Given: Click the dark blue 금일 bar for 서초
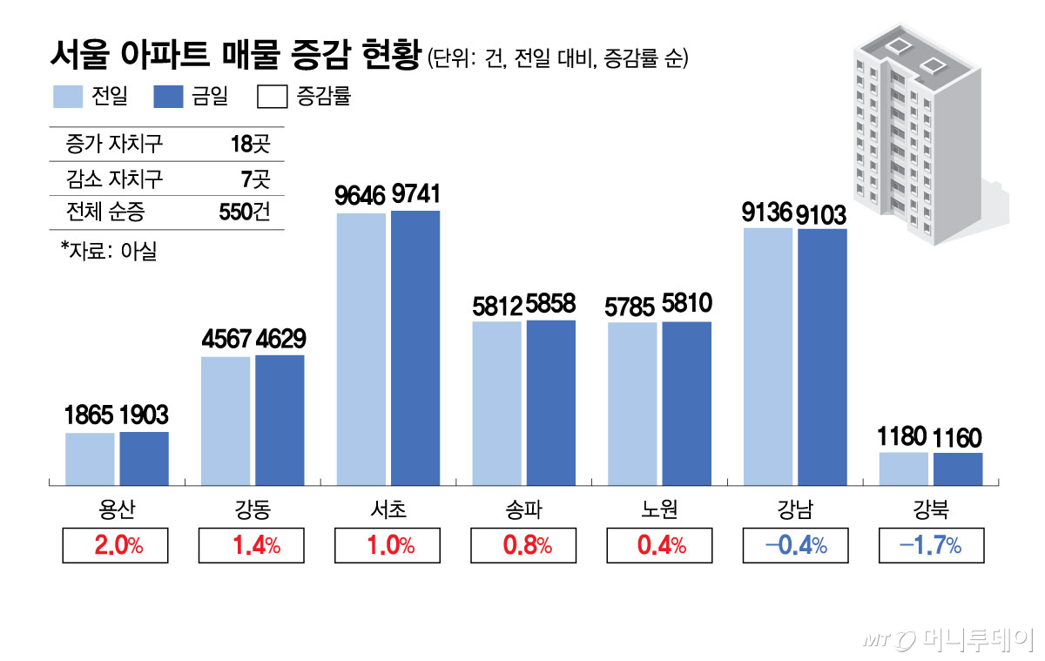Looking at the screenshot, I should click(x=415, y=347).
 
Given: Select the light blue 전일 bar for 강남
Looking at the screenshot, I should click(x=768, y=356).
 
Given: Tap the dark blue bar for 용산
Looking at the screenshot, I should click(x=144, y=458).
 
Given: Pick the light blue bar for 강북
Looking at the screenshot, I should click(x=904, y=469).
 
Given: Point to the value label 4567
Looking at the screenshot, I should click(x=226, y=339).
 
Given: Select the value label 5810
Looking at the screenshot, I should click(x=687, y=304).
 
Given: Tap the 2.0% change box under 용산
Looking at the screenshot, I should click(x=115, y=546).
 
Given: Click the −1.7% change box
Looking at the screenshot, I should click(x=931, y=546).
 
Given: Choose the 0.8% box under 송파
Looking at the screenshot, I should click(x=522, y=546).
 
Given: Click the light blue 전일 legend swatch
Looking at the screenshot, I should click(x=67, y=97).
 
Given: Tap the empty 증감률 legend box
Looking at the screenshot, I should click(x=273, y=97).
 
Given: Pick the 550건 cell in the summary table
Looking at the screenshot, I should click(x=247, y=212).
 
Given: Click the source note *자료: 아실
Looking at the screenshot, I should click(x=108, y=252).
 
